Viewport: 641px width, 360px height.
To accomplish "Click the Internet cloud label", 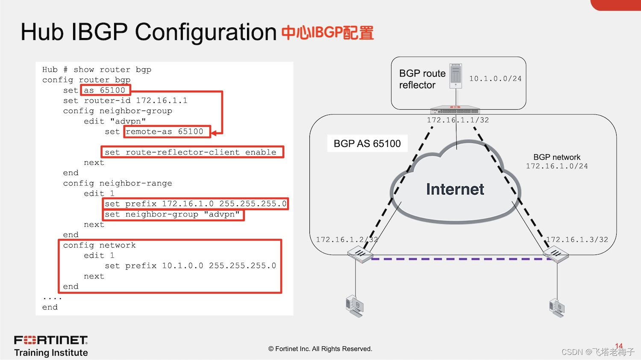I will (455, 189).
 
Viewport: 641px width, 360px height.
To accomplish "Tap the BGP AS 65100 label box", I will (367, 143).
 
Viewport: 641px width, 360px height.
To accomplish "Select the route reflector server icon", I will (456, 76).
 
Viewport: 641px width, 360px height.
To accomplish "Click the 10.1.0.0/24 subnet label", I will (495, 79).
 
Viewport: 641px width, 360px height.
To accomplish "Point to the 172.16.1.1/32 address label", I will (458, 120).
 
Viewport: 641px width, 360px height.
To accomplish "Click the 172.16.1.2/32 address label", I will (347, 240).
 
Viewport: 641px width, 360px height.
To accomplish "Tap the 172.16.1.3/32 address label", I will (577, 240).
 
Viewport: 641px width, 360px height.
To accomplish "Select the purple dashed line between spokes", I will (457, 259).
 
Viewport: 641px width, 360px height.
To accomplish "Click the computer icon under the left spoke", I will (355, 306).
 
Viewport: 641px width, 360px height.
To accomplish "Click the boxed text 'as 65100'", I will (105, 90).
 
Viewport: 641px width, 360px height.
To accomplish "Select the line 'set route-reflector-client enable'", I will (191, 152).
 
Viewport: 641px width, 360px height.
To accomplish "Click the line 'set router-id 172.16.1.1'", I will (125, 101).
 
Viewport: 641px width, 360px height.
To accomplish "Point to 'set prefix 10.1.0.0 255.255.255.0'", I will (190, 266).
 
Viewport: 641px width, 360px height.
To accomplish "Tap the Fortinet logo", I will (51, 340).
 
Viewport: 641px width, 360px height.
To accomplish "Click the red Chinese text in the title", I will (327, 33).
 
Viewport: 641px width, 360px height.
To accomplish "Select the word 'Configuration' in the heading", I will (206, 32).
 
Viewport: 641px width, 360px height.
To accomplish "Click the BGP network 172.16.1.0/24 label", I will (557, 161).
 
